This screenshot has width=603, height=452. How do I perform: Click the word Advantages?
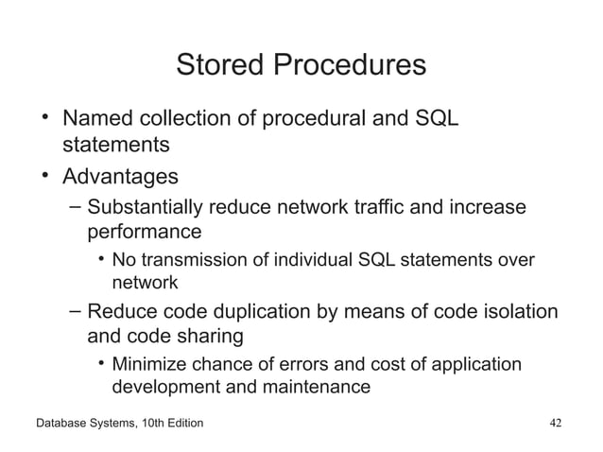point(120,176)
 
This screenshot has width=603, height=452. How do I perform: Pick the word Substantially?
point(150,207)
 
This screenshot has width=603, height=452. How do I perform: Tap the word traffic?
point(415,207)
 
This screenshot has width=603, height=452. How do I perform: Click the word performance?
point(145,231)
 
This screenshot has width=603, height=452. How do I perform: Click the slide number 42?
point(556,422)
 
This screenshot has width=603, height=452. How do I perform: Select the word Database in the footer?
point(63,422)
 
